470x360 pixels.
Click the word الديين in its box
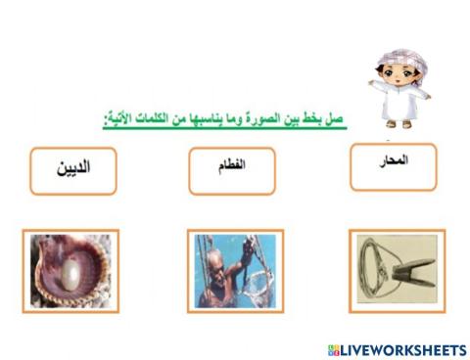(73, 167)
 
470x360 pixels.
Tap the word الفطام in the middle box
(232, 167)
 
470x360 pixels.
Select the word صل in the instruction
(338, 119)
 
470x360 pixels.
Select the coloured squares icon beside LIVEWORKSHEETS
(334, 349)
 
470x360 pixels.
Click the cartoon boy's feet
(398, 124)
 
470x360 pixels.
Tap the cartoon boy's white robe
(398, 104)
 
